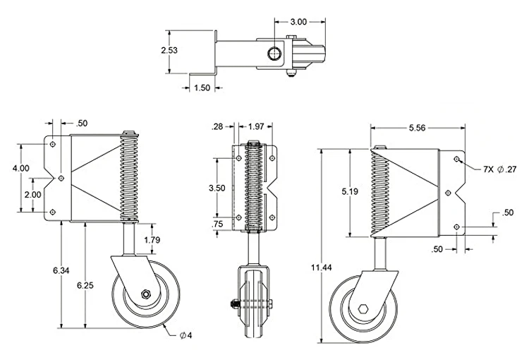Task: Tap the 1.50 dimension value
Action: point(202,87)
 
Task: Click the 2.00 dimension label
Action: point(32,195)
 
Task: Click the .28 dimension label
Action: point(219,127)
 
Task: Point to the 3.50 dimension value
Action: point(217,188)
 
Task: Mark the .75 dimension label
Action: point(217,225)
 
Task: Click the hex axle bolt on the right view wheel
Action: point(362,309)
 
